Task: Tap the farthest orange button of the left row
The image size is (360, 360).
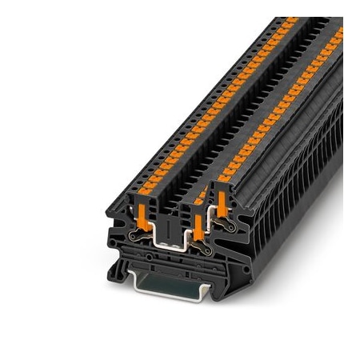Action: tap(291, 19)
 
